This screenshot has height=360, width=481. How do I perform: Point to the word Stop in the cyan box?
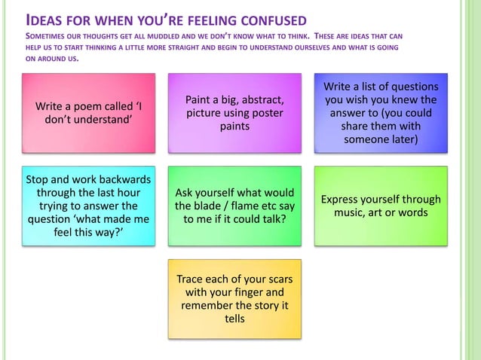click(x=39, y=179)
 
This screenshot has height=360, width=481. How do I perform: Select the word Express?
click(x=344, y=199)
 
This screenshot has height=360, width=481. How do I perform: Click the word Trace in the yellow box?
click(x=191, y=279)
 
